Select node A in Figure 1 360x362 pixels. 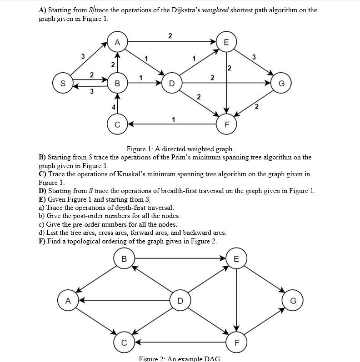click(117, 42)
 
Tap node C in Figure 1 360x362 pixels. click(117, 124)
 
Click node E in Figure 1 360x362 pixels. click(226, 42)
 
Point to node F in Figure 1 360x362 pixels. click(226, 124)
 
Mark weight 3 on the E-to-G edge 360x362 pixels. click(254, 57)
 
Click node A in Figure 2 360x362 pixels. click(67, 300)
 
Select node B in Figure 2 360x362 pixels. click(123, 259)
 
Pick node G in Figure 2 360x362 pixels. click(293, 300)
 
